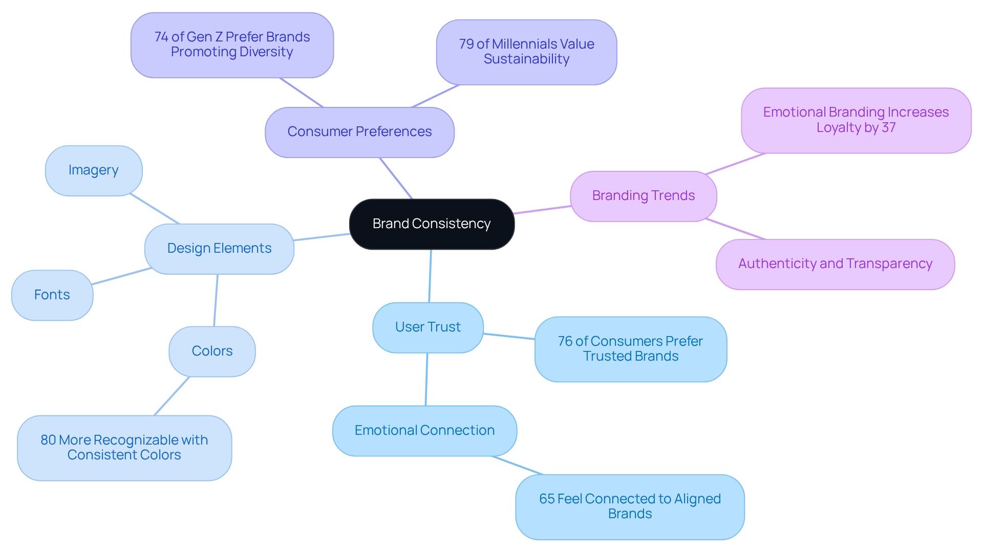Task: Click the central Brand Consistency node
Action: pyautogui.click(x=432, y=224)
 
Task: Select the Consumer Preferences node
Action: pyautogui.click(x=359, y=132)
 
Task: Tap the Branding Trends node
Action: pyautogui.click(x=643, y=196)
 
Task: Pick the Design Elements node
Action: pyautogui.click(x=219, y=249)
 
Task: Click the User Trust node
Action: pyautogui.click(x=428, y=327)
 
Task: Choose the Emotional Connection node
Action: pyautogui.click(x=424, y=431)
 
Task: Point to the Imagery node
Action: pyautogui.click(x=93, y=170)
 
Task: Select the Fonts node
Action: pyautogui.click(x=52, y=295)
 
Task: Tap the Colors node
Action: pyautogui.click(x=212, y=351)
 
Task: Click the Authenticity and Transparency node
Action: pyautogui.click(x=835, y=264)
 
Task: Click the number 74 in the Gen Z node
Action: pyautogui.click(x=161, y=37)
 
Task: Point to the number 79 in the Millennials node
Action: pyautogui.click(x=466, y=45)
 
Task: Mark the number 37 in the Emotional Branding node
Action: pyautogui.click(x=889, y=127)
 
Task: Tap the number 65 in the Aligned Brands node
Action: pyautogui.click(x=547, y=499)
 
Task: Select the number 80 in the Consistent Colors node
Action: pyautogui.click(x=48, y=440)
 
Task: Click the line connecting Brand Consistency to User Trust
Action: pyautogui.click(x=430, y=276)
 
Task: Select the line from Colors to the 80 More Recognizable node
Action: pyautogui.click(x=172, y=396)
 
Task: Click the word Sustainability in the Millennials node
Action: pyautogui.click(x=526, y=59)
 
